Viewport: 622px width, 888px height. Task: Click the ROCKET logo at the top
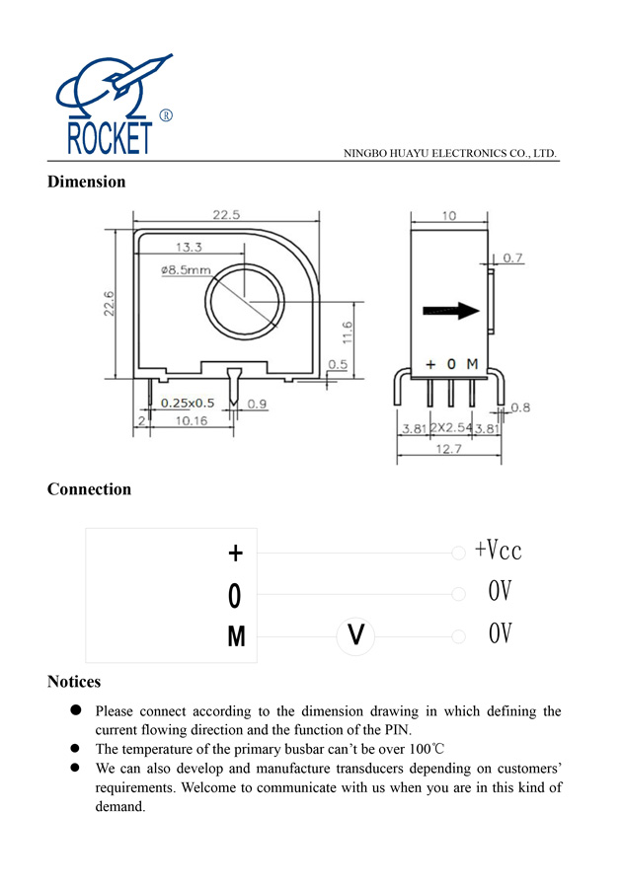(109, 106)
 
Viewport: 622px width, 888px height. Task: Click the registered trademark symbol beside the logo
(166, 116)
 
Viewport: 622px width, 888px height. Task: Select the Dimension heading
(87, 182)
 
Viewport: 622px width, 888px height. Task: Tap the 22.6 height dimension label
(111, 304)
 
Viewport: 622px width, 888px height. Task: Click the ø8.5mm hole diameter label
(185, 269)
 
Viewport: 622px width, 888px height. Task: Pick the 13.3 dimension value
(190, 247)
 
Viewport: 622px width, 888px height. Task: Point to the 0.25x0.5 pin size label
(188, 403)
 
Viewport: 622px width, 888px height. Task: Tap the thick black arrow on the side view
(451, 311)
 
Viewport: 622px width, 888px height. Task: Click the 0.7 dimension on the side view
(513, 259)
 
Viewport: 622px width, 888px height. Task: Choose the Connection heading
(89, 489)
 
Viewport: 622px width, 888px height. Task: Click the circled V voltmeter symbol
(357, 636)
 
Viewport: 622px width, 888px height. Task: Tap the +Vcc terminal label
(498, 551)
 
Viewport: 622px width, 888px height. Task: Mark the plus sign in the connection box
(235, 554)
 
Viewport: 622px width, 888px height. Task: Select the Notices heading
(74, 682)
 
